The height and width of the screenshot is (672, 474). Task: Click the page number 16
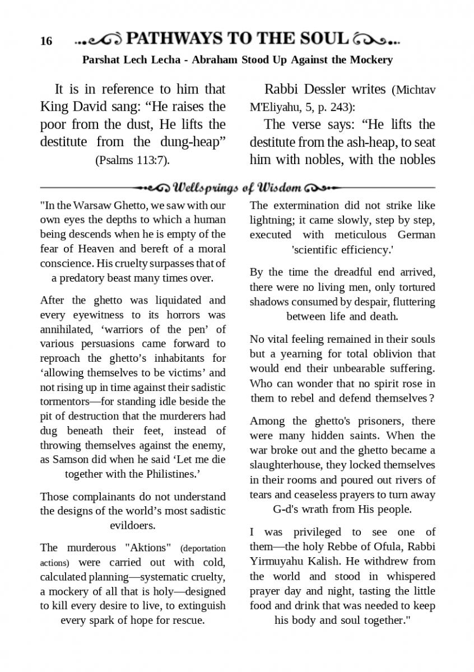(47, 41)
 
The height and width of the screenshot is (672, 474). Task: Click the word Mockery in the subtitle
(370, 60)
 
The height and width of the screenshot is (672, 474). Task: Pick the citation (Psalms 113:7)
(132, 160)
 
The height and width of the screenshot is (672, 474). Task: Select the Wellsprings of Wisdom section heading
(238, 186)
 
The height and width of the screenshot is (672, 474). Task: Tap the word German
(416, 235)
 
